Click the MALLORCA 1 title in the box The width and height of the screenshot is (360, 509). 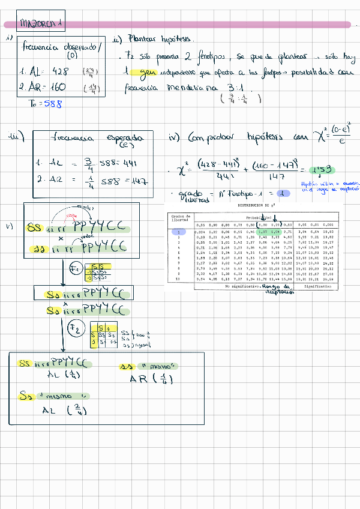pyautogui.click(x=41, y=25)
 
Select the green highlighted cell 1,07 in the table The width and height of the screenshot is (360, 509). pyautogui.click(x=262, y=231)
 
